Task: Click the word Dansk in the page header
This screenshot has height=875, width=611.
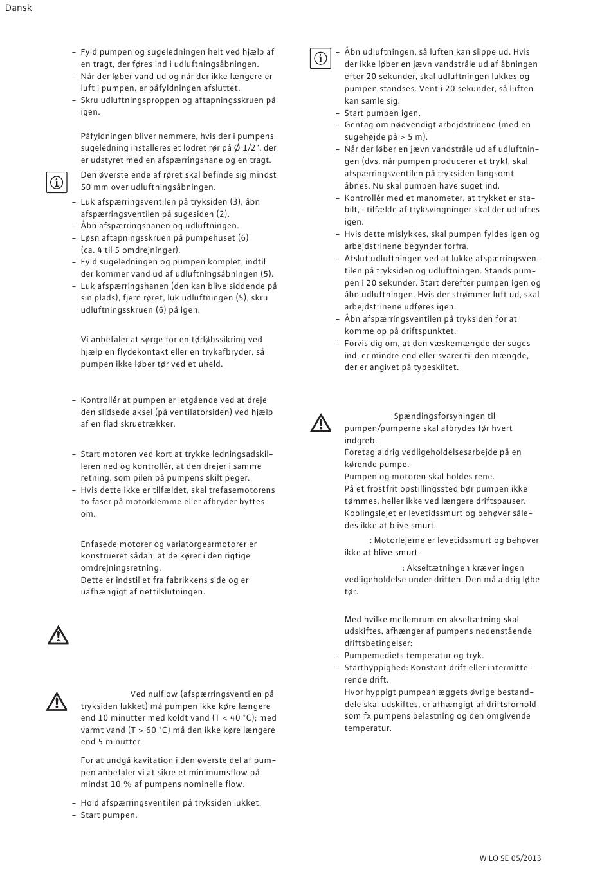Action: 18,8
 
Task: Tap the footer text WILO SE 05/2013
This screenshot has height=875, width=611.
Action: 510,858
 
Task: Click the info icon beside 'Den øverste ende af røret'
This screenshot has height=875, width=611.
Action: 57,183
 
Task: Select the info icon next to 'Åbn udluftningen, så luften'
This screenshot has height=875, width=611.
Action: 320,59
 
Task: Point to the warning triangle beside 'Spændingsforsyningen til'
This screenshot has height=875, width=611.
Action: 320,423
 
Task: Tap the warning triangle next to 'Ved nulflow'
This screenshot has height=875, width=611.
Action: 57,701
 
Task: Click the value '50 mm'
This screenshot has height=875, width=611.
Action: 93,187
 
